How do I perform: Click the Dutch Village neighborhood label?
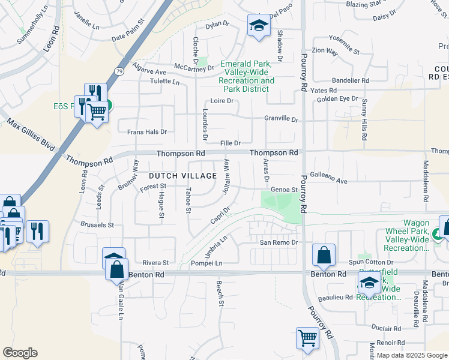(182, 176)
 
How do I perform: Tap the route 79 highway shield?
(119, 71)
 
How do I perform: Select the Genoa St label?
(285, 190)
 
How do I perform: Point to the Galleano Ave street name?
(329, 181)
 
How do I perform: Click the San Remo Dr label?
(279, 242)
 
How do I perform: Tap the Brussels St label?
(97, 225)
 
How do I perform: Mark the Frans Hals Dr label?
(146, 131)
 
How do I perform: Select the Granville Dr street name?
(281, 119)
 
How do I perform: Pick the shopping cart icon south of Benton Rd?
(307, 337)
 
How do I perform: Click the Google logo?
(20, 353)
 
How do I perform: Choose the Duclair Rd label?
(386, 329)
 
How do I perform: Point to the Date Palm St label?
(129, 38)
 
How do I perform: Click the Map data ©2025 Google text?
(412, 355)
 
